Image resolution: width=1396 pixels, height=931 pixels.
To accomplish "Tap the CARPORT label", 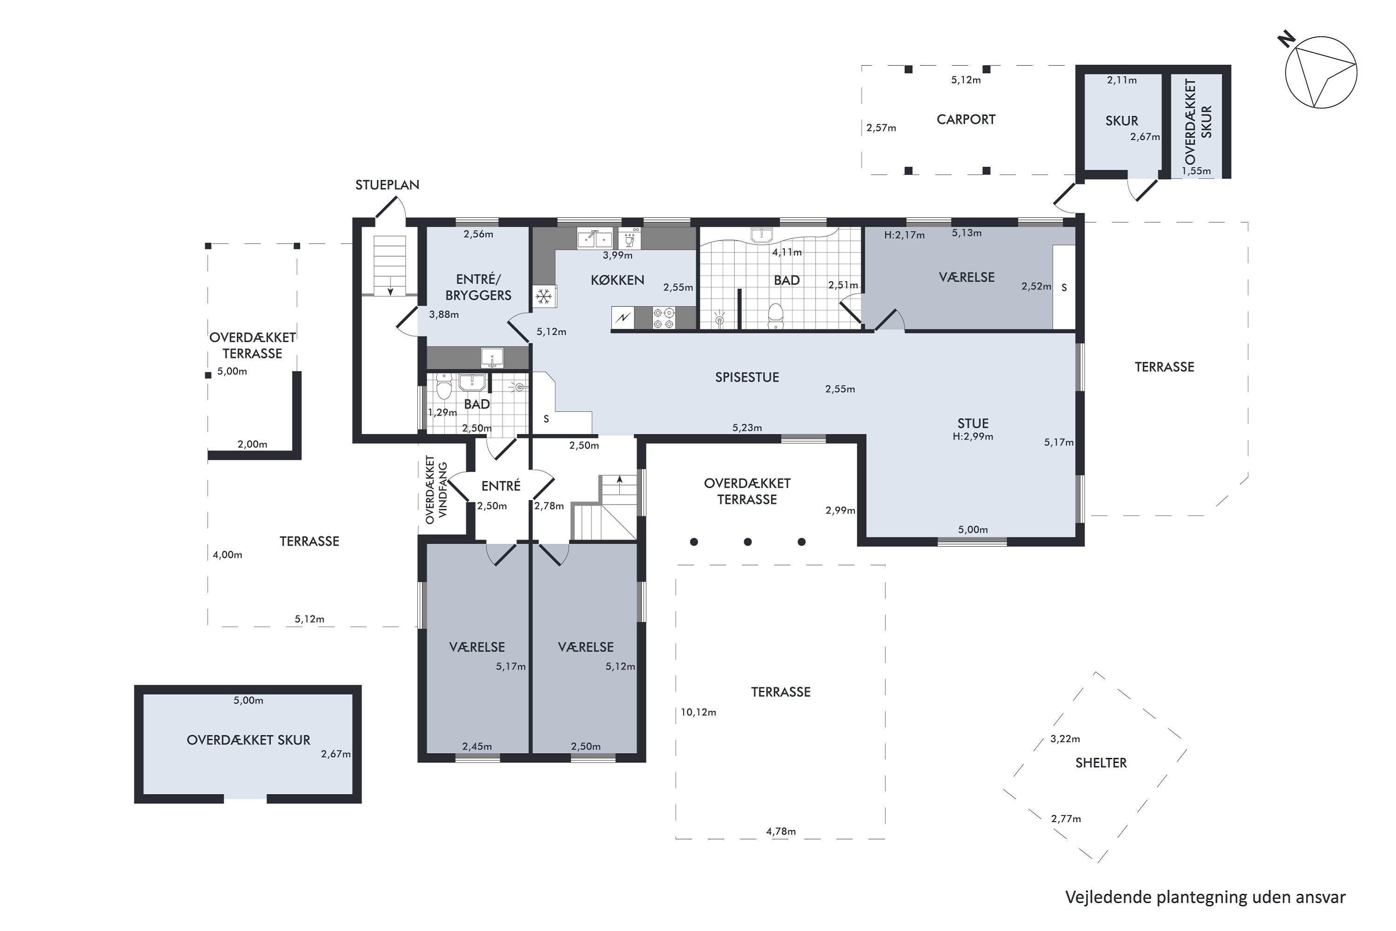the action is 966,119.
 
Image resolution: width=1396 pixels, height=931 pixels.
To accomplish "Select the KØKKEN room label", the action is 617,280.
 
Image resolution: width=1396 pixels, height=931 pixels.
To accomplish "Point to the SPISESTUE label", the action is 747,377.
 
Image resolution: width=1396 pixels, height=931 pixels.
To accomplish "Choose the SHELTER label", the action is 1101,763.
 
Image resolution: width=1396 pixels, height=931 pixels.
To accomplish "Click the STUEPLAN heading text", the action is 387,185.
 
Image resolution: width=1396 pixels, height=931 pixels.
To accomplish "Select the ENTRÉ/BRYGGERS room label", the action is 478,287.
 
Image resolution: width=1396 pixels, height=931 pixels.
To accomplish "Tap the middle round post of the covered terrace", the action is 748,541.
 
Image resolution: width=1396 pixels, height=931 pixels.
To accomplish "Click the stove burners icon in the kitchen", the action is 664,317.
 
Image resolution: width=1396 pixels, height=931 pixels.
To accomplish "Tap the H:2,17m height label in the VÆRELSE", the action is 905,235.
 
